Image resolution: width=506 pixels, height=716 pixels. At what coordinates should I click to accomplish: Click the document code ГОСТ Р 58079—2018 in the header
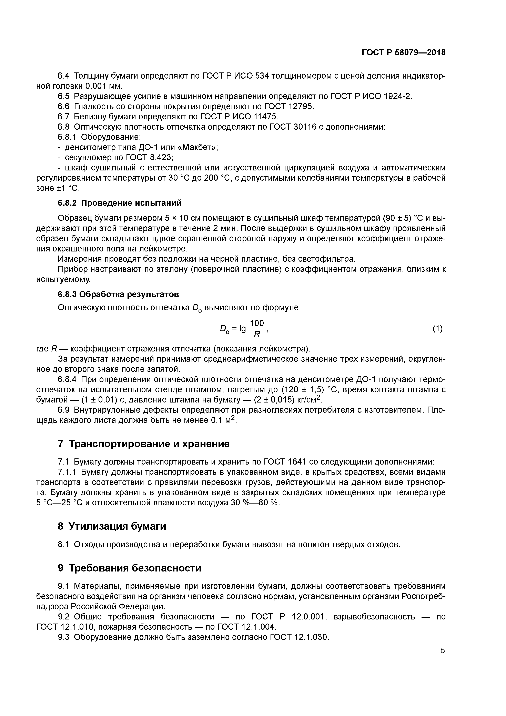tap(403, 53)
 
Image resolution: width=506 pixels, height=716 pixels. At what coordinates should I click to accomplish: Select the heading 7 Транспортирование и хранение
tap(144, 444)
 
